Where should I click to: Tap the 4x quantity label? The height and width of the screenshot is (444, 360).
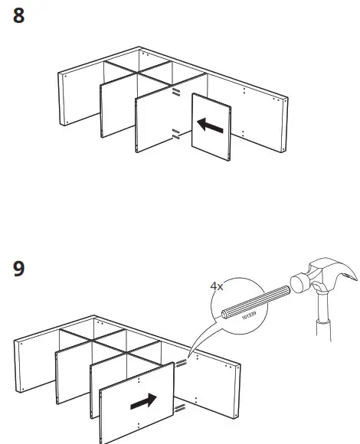pyautogui.click(x=218, y=289)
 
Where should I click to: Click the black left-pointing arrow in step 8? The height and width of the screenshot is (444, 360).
pyautogui.click(x=210, y=125)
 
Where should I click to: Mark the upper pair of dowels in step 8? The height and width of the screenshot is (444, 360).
pyautogui.click(x=176, y=93)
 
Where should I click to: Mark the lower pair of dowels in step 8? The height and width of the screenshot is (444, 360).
pyautogui.click(x=175, y=135)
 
